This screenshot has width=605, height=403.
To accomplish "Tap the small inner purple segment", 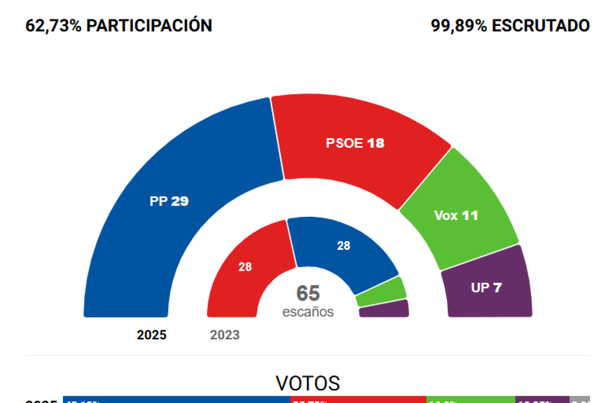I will point(384,309).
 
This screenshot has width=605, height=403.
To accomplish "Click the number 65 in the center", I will point(308,293).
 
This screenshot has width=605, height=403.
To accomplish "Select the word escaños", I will point(308,312).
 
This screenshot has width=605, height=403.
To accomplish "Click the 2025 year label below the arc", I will point(152,335).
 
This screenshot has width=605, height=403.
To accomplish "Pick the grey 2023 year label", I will point(225,335).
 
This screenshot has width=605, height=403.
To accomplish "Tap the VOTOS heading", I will point(308,383).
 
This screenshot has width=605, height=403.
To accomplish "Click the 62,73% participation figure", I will point(53,25).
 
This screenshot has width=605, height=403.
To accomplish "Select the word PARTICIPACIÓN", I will point(149,25).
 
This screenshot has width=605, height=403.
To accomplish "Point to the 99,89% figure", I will point(459,25).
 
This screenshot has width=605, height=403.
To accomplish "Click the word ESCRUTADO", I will point(541,25).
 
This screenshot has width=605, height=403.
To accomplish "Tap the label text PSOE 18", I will point(355,143).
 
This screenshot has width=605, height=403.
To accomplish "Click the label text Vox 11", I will point(456,216).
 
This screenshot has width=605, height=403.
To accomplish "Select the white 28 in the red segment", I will point(245,267).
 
